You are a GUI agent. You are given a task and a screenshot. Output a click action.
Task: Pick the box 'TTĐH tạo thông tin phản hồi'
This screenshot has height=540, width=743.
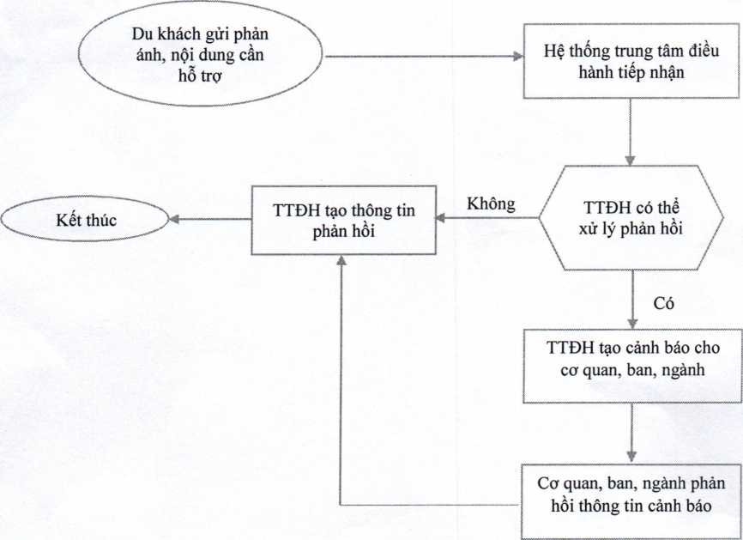tap(342, 220)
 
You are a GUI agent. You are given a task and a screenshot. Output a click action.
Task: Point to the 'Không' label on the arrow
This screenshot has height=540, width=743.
tap(491, 204)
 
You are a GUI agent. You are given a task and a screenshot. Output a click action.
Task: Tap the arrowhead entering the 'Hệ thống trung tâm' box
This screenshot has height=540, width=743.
tap(518, 58)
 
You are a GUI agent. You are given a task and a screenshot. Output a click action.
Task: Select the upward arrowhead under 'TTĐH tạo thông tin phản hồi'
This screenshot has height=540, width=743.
tap(342, 268)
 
